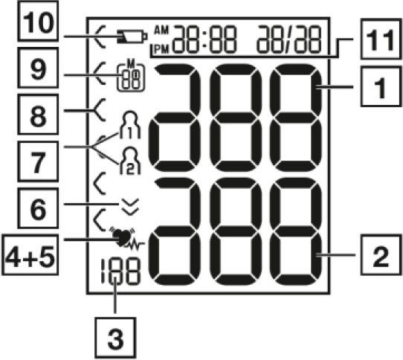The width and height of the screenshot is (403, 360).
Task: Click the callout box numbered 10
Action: pos(38,21)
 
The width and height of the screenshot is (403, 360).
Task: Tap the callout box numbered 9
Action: pos(38,68)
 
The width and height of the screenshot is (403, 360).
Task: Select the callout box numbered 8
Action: pos(38,114)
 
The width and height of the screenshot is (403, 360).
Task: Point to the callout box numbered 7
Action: pos(38,161)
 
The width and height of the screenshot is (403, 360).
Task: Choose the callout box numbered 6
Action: pos(38,208)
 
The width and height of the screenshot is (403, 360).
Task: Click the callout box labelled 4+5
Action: pos(30,254)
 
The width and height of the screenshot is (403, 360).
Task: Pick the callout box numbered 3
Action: pos(115,338)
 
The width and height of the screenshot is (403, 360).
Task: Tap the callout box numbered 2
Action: pos(381,255)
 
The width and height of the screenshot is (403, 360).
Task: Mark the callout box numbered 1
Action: pos(381,86)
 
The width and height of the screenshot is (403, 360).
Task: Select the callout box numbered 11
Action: pos(381,39)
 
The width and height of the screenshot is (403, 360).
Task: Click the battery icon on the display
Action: pos(132,36)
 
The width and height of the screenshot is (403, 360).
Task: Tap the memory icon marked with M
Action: pos(131,77)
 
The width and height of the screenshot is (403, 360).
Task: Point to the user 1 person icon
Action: pos(130,125)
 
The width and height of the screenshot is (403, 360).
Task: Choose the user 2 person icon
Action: pos(130,161)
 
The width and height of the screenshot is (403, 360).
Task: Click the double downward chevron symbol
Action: pos(131,207)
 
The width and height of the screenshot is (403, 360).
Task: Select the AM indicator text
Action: pos(161,30)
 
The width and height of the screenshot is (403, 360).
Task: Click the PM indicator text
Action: pos(162,49)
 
